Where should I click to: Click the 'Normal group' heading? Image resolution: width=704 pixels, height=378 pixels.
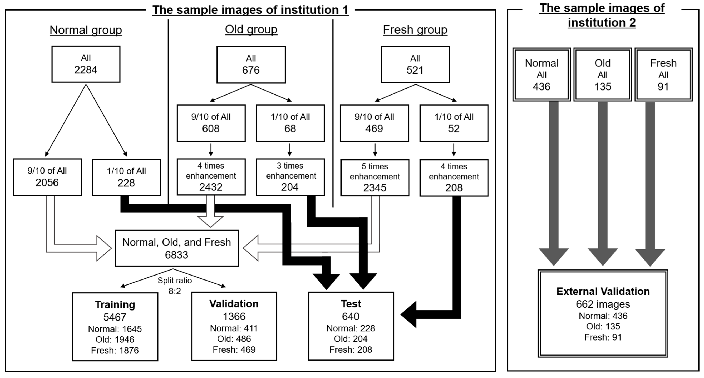click(x=86, y=30)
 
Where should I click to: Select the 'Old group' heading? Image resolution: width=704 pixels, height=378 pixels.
click(x=251, y=29)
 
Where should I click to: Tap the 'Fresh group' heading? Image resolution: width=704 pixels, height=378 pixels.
click(x=415, y=30)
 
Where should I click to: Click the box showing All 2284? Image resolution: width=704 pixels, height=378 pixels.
click(x=86, y=64)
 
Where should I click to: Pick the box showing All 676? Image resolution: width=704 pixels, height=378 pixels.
click(x=251, y=65)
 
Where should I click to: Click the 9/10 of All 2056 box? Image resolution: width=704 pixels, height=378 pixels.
click(x=47, y=177)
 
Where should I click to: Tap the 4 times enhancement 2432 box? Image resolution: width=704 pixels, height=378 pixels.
click(x=211, y=177)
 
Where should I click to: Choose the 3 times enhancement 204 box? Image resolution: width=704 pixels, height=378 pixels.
click(x=290, y=177)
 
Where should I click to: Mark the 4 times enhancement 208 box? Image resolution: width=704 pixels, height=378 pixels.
click(x=454, y=177)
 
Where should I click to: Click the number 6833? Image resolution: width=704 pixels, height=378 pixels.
click(x=177, y=255)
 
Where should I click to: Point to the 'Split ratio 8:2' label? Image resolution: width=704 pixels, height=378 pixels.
click(x=175, y=286)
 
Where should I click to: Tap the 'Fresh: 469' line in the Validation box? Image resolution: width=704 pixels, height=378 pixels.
click(x=234, y=350)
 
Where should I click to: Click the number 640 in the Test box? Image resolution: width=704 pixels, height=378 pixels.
click(x=351, y=316)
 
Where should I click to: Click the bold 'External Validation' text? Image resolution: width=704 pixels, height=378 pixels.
click(x=603, y=291)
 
